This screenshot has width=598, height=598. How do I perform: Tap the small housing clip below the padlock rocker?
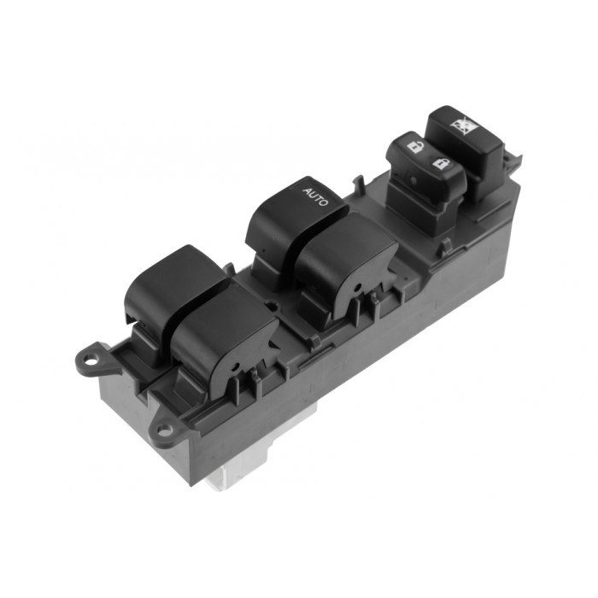445,246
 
